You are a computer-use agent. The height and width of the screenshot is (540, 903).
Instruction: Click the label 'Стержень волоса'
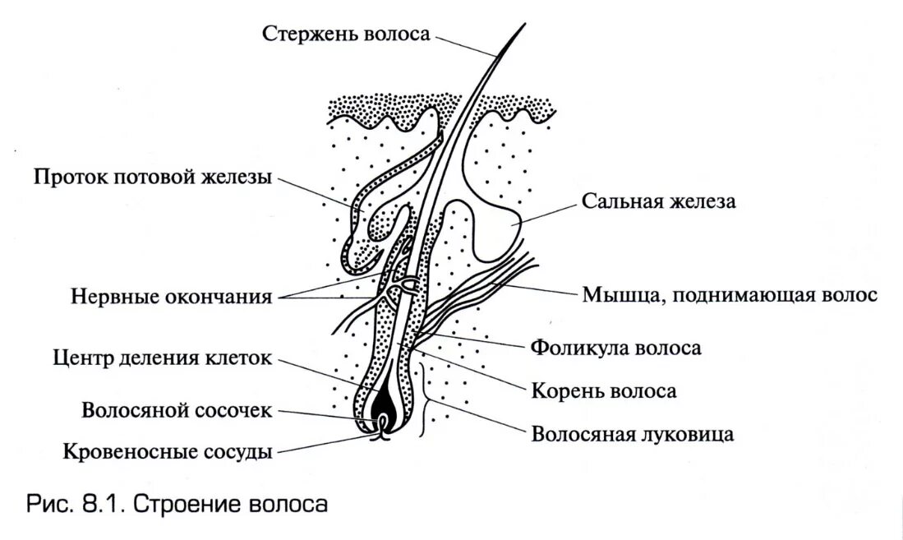(x=346, y=34)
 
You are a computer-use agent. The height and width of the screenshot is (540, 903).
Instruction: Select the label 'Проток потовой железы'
(x=153, y=178)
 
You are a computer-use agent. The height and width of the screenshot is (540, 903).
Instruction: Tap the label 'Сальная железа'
(x=658, y=202)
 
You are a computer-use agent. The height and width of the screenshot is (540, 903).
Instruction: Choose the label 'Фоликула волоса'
(x=615, y=348)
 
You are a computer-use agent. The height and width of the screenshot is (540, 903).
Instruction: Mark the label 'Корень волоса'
(x=604, y=390)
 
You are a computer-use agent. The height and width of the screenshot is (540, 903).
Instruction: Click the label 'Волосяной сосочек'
(x=176, y=410)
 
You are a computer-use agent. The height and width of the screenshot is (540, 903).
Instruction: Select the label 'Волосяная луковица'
(x=632, y=433)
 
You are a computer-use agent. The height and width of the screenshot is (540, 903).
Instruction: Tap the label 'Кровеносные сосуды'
(x=168, y=450)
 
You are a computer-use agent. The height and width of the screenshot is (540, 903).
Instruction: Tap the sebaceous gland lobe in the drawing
(x=493, y=205)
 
